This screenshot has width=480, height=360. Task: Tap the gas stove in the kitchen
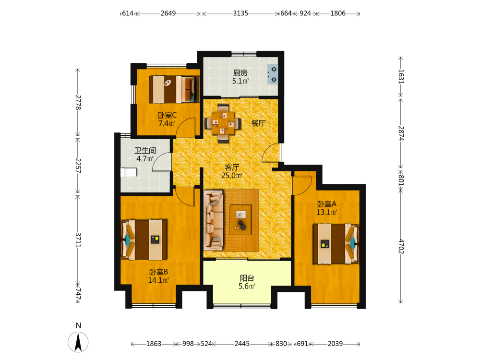273,74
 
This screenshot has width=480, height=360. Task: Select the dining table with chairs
223,123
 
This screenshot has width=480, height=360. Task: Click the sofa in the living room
214,220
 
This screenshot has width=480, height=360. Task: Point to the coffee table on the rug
240,220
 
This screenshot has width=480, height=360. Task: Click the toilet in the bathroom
129,172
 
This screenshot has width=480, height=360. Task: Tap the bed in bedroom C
174,89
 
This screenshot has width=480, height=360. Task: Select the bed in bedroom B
144,240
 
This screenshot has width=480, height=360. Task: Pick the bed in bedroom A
336,244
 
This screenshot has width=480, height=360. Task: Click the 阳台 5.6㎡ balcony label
247,282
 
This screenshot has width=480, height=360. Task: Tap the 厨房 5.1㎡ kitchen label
240,76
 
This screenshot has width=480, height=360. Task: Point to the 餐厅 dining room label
258,123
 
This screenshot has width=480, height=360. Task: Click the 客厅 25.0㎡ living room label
232,171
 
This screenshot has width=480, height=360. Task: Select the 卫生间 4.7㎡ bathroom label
145,155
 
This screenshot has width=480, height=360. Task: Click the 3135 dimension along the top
240,13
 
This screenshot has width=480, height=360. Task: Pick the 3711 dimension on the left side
78,240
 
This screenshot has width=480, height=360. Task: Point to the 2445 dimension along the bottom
242,344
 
